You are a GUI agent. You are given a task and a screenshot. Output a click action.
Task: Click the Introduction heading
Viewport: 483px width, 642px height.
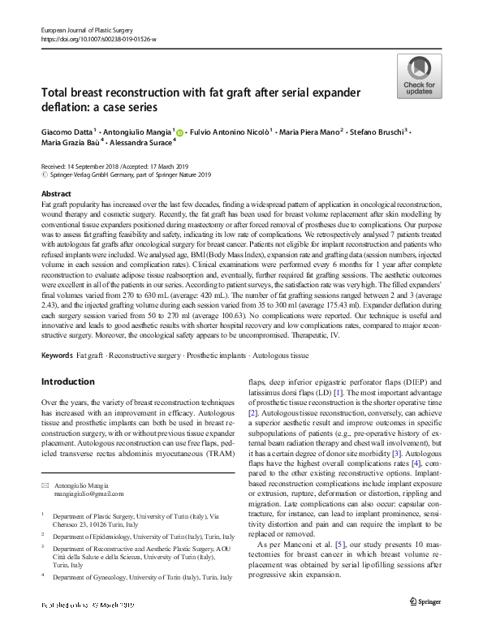(x=68, y=381)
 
